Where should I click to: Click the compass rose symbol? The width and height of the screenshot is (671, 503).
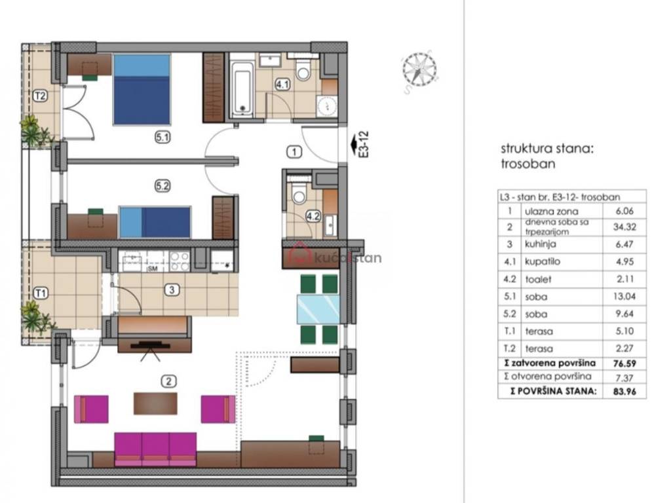click(x=419, y=69)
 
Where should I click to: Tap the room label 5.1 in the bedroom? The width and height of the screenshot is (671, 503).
click(x=163, y=138)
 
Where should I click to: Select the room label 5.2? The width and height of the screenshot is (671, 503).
click(x=163, y=186)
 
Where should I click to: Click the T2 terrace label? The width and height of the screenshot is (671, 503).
click(x=40, y=96)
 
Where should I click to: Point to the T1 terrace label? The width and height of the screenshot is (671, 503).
click(x=40, y=293)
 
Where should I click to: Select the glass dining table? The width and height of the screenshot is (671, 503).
click(x=318, y=309)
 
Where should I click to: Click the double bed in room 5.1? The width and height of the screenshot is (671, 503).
click(x=142, y=89)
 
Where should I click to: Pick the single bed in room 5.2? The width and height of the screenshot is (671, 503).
click(x=155, y=222)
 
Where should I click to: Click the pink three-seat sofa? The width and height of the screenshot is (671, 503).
click(x=155, y=449)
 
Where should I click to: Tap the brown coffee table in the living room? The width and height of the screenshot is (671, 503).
click(x=155, y=403)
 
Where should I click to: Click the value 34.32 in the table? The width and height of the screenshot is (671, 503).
click(x=624, y=227)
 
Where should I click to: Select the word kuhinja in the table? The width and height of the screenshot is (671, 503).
click(x=541, y=244)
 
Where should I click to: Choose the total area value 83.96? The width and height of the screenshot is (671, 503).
click(x=624, y=391)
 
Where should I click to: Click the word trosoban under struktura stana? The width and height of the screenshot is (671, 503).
click(x=528, y=164)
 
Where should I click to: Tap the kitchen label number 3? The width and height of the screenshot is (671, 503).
click(x=172, y=290)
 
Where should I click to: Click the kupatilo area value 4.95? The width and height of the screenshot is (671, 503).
click(x=624, y=262)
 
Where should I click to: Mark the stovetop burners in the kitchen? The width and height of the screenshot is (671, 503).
click(x=180, y=261)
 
